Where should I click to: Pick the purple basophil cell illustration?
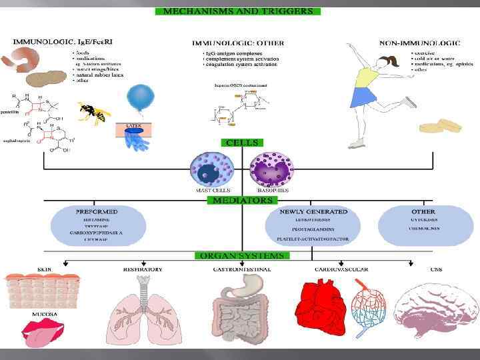[x=271, y=169]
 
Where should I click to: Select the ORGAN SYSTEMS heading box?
[x=242, y=255]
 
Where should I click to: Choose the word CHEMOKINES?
[x=423, y=228]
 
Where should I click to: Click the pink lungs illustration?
[x=142, y=307]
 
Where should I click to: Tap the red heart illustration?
[x=323, y=304]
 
